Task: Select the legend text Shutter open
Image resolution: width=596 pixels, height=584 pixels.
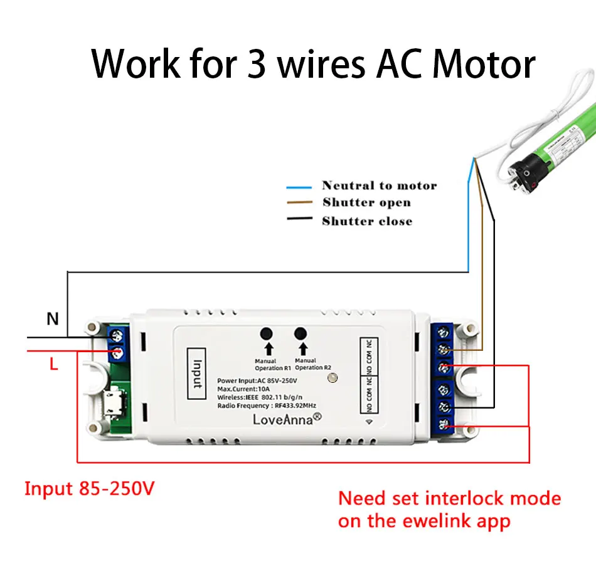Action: click(x=366, y=202)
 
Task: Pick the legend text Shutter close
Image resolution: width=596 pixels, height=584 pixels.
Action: click(x=367, y=221)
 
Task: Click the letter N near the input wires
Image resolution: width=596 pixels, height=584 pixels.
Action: click(x=53, y=320)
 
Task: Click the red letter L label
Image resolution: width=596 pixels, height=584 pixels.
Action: click(x=54, y=364)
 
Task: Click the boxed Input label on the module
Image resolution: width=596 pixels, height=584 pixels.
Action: click(x=196, y=375)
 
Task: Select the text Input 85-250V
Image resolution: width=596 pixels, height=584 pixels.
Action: click(x=89, y=489)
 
